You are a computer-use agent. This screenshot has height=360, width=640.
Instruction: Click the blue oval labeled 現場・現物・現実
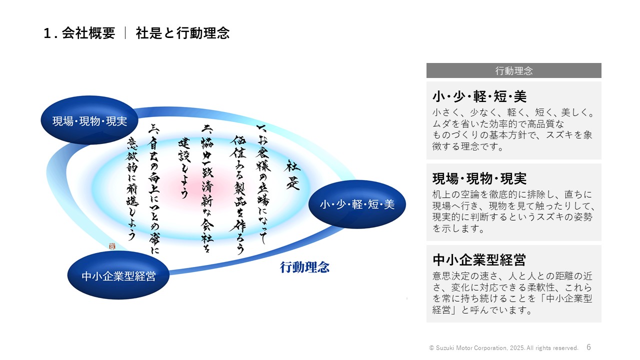[89, 120]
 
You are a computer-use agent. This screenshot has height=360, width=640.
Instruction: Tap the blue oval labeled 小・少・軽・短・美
[357, 204]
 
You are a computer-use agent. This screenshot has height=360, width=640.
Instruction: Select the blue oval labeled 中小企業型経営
[118, 275]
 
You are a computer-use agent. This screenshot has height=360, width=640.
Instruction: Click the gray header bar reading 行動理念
[513, 70]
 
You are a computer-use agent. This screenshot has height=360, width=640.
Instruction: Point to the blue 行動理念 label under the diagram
[304, 267]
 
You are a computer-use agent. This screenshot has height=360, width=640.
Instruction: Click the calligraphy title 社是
[292, 175]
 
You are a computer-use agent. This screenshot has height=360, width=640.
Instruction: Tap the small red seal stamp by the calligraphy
[112, 246]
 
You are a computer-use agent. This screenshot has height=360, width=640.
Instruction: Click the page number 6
[588, 347]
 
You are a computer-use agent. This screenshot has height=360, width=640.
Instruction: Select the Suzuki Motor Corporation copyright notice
[503, 348]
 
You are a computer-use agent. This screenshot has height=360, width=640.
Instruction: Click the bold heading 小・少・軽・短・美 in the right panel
[479, 96]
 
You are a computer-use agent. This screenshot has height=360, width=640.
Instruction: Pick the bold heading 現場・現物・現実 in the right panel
[479, 179]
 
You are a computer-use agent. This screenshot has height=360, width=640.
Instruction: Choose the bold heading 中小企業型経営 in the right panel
[479, 259]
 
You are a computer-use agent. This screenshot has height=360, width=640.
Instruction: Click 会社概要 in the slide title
[88, 33]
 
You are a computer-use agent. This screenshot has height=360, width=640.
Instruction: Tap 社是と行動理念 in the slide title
[182, 33]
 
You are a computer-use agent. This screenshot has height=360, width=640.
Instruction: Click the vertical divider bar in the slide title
[125, 33]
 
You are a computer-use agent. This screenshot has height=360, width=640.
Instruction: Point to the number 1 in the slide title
[47, 33]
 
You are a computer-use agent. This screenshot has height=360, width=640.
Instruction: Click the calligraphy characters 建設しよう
[184, 168]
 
